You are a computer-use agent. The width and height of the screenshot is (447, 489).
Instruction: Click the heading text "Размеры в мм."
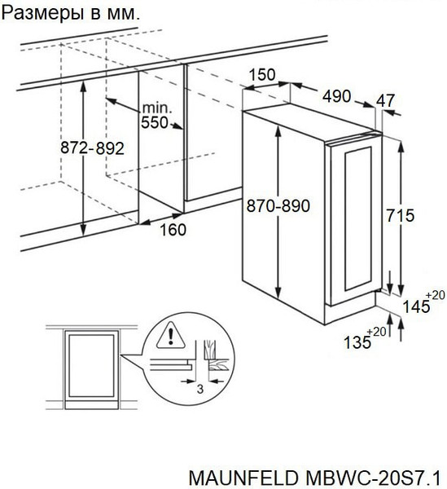click(x=71, y=13)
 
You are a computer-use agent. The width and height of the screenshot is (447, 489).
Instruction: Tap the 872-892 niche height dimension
click(x=92, y=148)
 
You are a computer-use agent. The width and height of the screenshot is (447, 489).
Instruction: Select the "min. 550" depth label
click(x=155, y=116)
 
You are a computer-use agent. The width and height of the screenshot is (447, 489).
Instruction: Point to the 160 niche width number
click(x=173, y=230)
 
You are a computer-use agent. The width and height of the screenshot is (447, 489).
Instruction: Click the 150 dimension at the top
click(x=262, y=74)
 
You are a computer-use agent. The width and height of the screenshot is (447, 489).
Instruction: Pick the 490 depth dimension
click(x=337, y=96)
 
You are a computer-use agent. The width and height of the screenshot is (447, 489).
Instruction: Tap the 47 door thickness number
click(x=385, y=100)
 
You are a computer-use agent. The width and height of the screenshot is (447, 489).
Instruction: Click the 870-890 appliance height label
click(x=278, y=206)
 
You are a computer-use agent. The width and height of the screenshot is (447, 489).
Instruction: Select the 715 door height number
click(x=401, y=215)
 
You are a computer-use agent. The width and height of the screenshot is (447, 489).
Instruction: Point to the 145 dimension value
click(x=417, y=306)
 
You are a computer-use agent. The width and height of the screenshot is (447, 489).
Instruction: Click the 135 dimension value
click(x=357, y=342)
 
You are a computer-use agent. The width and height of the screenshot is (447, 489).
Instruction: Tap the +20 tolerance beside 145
click(x=435, y=295)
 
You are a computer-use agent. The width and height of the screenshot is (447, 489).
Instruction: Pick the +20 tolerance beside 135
click(x=377, y=332)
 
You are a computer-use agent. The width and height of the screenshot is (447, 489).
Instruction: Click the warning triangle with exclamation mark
click(x=171, y=335)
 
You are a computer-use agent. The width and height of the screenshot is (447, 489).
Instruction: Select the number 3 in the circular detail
click(x=200, y=389)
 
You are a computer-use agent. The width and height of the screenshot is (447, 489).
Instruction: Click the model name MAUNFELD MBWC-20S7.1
click(x=314, y=478)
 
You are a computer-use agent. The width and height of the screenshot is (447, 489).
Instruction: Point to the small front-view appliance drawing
click(x=91, y=369)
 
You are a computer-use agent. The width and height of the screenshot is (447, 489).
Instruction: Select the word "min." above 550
click(x=157, y=108)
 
